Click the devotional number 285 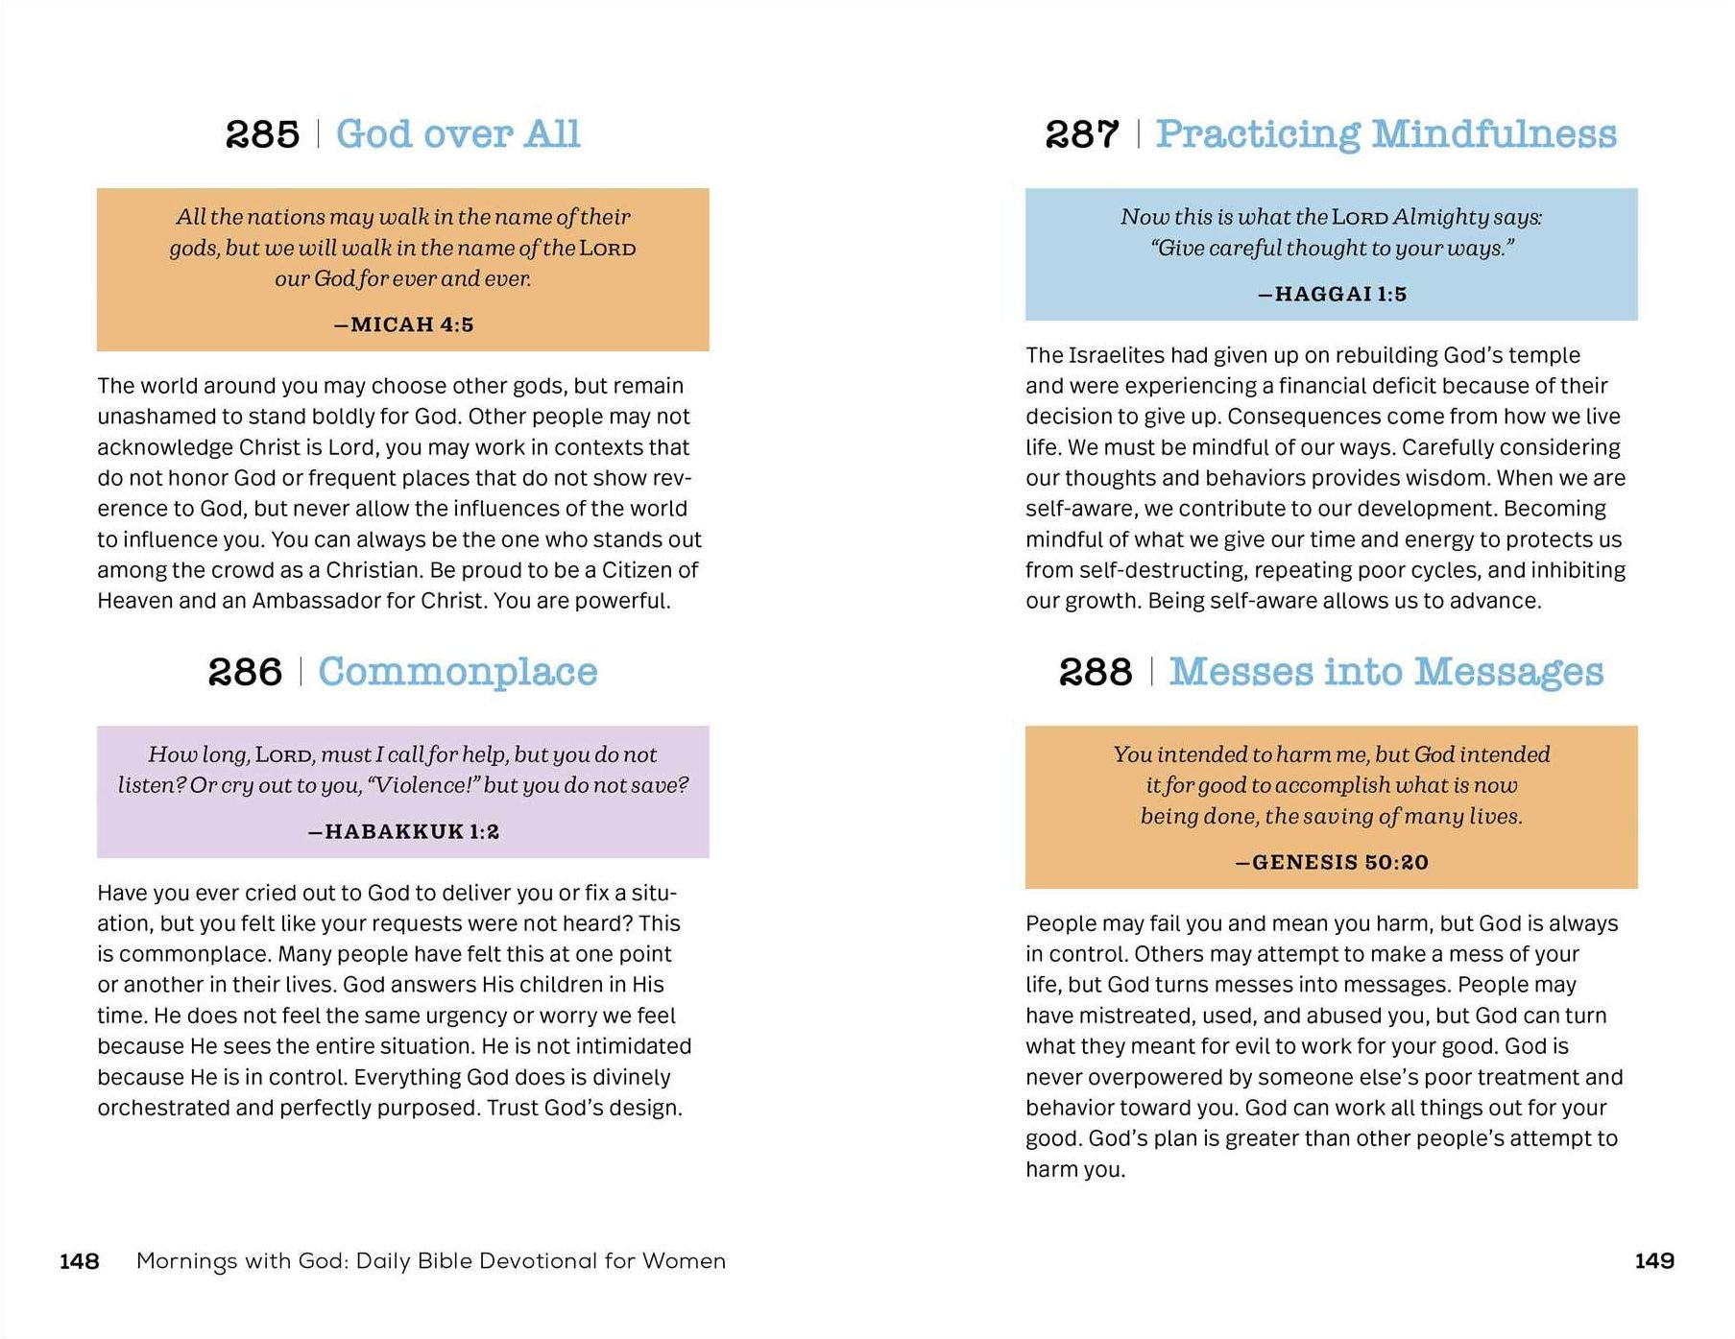point(262,134)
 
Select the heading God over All point(458,134)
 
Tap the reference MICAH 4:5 point(403,324)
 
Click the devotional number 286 point(245,672)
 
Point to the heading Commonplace point(458,672)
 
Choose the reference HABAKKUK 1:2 point(403,831)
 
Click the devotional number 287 point(1082,134)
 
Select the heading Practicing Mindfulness point(1386,134)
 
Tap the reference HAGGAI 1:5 point(1332,294)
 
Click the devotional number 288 point(1096,672)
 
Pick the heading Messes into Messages point(1386,672)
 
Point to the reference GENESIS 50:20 point(1332,862)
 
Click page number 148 point(80,1261)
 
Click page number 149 point(1654,1261)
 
